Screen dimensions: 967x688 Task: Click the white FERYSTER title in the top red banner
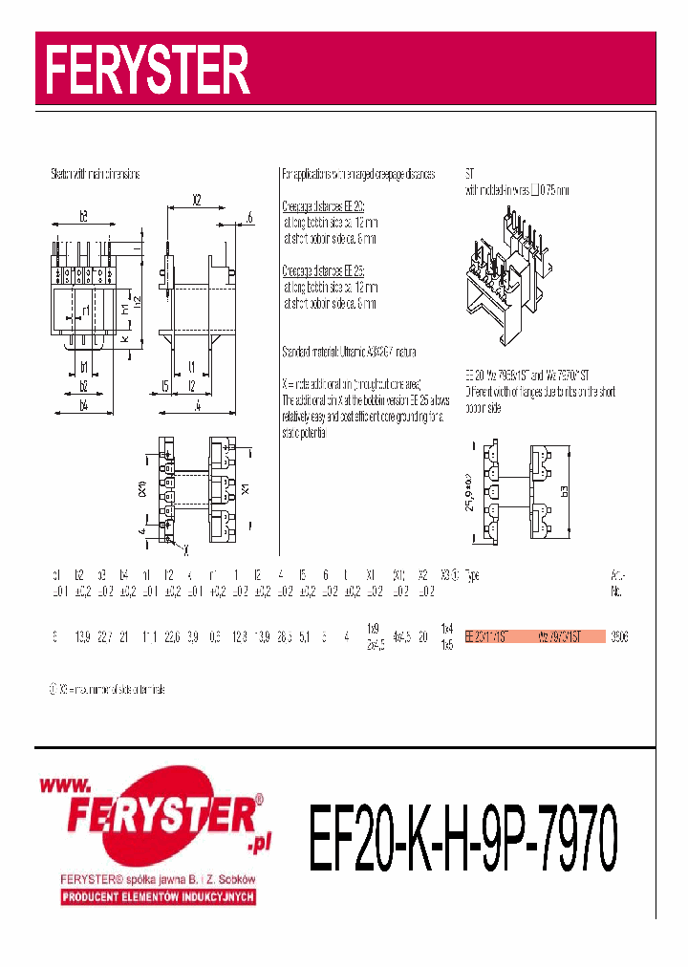(x=150, y=70)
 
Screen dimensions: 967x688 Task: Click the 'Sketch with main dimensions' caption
(x=96, y=175)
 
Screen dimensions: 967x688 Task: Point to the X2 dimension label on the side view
(x=197, y=201)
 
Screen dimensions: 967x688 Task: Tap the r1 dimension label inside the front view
(x=85, y=311)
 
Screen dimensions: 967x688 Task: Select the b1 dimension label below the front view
(x=84, y=367)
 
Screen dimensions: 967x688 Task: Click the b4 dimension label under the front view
(x=84, y=406)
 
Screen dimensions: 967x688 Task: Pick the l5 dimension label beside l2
(x=165, y=386)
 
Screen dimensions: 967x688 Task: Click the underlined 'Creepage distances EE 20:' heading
(x=323, y=206)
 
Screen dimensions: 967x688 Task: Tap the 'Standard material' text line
(x=349, y=352)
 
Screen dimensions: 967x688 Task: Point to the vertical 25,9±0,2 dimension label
(x=469, y=492)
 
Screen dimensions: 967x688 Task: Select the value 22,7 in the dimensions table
(x=104, y=636)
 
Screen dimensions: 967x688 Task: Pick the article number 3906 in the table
(x=618, y=636)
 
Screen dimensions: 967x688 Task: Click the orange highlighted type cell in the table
(x=535, y=636)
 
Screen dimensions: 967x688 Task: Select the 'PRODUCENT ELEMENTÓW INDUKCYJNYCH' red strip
(x=157, y=897)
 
